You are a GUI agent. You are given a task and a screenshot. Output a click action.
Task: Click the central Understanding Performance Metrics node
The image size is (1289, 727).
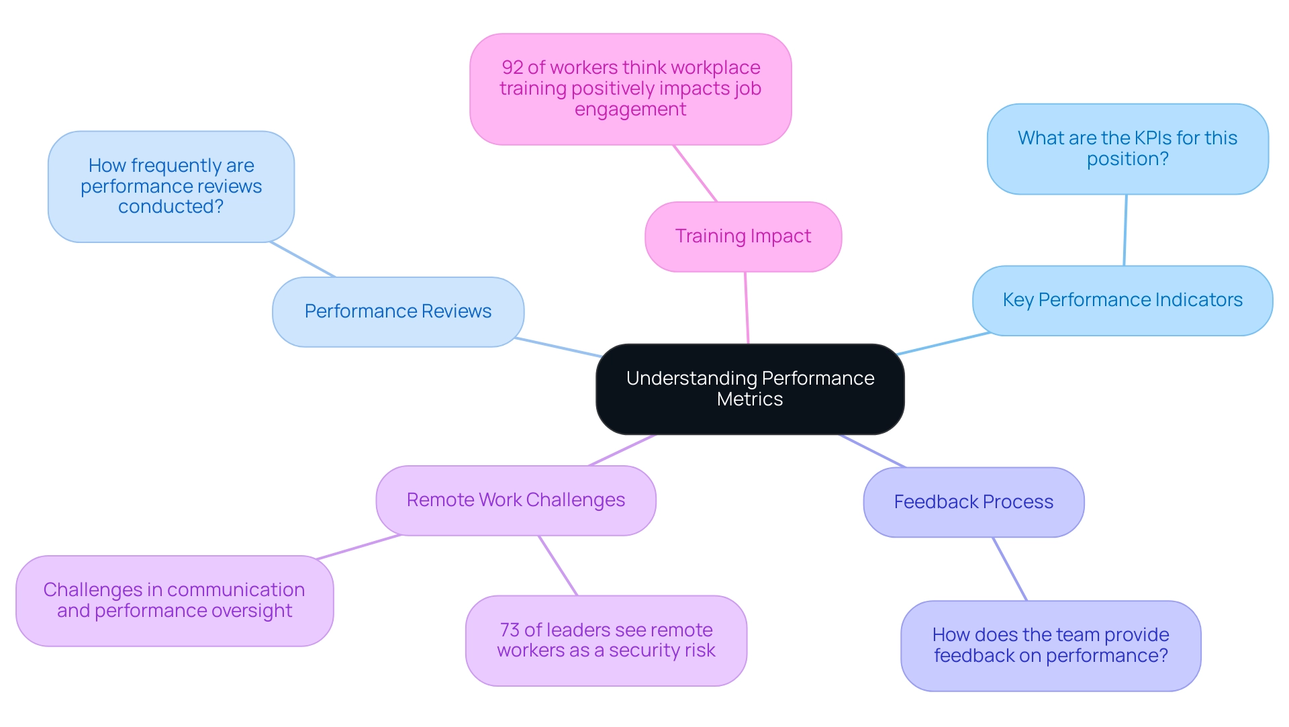point(750,389)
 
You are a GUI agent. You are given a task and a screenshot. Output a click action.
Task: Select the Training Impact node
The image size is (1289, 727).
point(743,236)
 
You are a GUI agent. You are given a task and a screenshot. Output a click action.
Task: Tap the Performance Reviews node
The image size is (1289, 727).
point(398,311)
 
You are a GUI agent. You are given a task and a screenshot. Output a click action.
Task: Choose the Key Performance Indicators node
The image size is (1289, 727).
point(1123,300)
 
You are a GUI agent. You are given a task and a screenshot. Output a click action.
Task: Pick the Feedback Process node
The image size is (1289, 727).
point(973,502)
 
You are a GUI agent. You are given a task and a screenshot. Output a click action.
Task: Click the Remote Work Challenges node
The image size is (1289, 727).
point(516,500)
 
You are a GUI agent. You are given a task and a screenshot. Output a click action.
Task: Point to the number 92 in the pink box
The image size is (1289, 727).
point(512,68)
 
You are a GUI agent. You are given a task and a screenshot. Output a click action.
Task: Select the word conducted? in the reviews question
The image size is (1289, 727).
point(171,207)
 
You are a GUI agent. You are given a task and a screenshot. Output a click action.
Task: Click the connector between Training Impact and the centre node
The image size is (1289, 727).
point(747,307)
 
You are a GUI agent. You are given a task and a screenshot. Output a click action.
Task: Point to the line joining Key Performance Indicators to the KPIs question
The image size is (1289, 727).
point(1125,230)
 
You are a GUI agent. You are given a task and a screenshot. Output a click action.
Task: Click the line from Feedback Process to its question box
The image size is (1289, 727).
point(1010,569)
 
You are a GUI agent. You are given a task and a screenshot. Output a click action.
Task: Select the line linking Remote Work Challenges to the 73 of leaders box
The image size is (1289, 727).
point(558,565)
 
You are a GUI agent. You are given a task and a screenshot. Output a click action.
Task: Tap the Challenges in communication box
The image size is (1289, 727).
point(175,600)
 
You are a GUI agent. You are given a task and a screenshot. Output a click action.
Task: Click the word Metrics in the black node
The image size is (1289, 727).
point(750,399)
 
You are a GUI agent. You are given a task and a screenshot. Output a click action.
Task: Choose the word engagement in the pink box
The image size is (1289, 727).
point(630,109)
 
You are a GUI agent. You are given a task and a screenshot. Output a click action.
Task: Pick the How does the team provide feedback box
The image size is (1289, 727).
point(1051,645)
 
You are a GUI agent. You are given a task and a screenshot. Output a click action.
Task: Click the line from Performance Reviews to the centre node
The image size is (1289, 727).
point(558,347)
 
